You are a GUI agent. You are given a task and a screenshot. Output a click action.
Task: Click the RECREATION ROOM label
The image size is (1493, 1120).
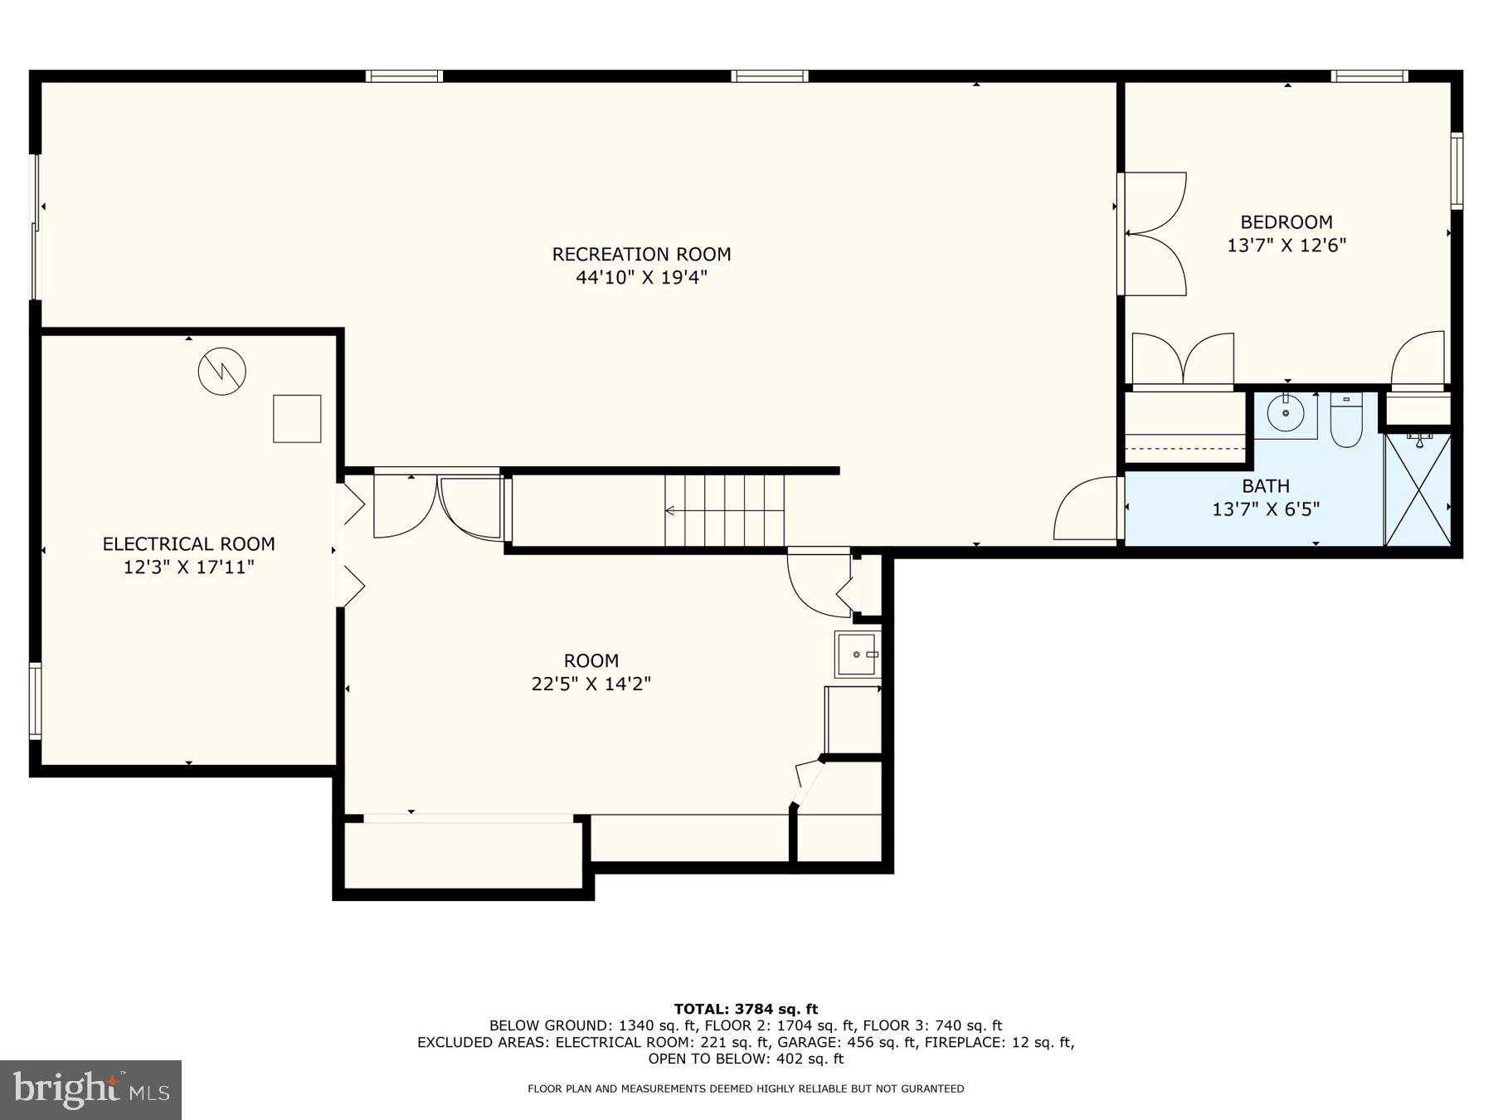click(x=641, y=254)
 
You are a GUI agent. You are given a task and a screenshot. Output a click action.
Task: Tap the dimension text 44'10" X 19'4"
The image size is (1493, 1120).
click(x=641, y=277)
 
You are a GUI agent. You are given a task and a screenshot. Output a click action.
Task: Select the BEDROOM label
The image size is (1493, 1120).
click(x=1286, y=222)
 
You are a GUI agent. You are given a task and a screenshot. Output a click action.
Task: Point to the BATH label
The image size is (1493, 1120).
click(x=1265, y=486)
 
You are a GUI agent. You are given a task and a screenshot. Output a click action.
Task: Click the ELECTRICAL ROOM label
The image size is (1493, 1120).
click(x=188, y=544)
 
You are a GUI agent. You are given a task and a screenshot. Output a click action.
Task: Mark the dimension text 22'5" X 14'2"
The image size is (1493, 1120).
click(x=591, y=684)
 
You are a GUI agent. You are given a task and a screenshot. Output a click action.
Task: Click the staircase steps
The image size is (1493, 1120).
click(x=725, y=510)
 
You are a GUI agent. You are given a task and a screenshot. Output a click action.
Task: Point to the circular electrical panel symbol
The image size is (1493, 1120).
click(x=222, y=371)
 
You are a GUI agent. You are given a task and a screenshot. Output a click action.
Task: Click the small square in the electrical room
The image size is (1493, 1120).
click(x=297, y=418)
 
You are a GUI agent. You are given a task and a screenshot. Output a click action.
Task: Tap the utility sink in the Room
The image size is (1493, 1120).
click(x=857, y=655)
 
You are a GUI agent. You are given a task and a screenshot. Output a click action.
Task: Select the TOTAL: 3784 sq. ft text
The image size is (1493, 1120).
click(x=746, y=1009)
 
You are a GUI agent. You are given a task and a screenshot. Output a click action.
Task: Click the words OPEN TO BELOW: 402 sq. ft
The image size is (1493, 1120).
click(x=746, y=1059)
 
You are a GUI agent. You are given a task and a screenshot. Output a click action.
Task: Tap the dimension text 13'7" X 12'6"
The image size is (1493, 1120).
click(x=1286, y=246)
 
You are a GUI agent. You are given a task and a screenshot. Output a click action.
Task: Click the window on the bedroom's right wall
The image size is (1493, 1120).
click(x=1457, y=169)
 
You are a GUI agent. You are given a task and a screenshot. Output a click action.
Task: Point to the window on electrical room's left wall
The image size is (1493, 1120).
click(x=35, y=700)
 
